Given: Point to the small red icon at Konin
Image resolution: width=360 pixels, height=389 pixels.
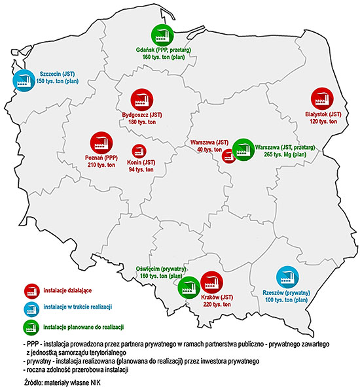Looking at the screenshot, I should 139,151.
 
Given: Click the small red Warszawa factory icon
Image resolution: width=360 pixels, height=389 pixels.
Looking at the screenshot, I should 228,156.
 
